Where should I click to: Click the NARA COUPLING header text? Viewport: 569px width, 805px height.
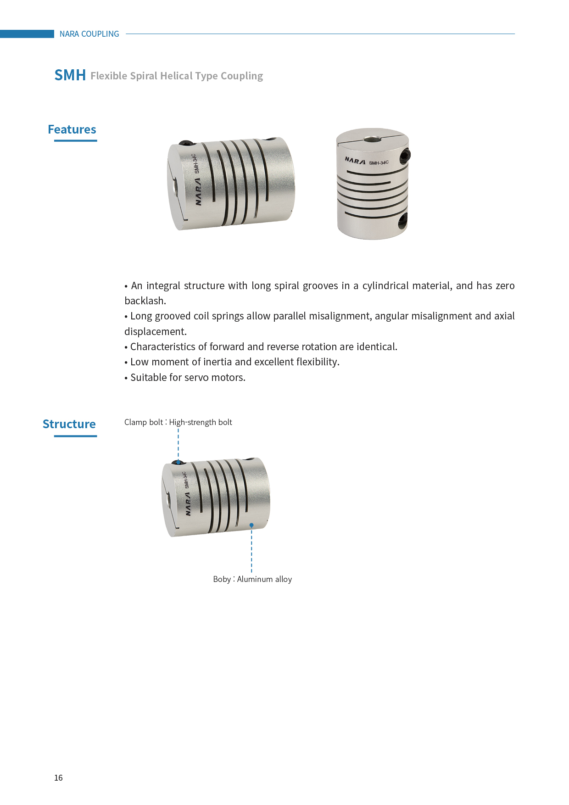click(89, 34)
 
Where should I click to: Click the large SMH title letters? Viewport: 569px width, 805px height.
click(70, 75)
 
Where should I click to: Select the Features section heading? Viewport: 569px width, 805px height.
click(72, 129)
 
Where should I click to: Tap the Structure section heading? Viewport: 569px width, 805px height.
click(69, 424)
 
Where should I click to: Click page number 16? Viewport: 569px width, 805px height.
click(58, 777)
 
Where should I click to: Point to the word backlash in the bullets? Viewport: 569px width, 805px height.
click(145, 301)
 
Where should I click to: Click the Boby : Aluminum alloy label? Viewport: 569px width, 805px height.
click(252, 579)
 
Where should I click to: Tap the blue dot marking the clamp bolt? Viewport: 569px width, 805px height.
click(179, 462)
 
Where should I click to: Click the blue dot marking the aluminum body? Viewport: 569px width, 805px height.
click(251, 525)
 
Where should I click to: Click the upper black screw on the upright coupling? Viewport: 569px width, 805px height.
click(404, 156)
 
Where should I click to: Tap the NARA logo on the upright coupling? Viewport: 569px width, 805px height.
click(355, 161)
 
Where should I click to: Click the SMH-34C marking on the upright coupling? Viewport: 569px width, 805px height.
click(379, 162)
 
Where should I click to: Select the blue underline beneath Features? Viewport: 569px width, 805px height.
click(76, 140)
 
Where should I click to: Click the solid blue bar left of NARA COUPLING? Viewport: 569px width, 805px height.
click(27, 34)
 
